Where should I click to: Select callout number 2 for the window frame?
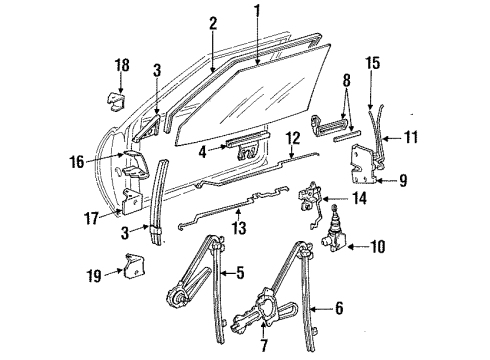tap(213, 23)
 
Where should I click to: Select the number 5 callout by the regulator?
tap(242, 272)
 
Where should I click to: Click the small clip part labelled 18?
tap(115, 100)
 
